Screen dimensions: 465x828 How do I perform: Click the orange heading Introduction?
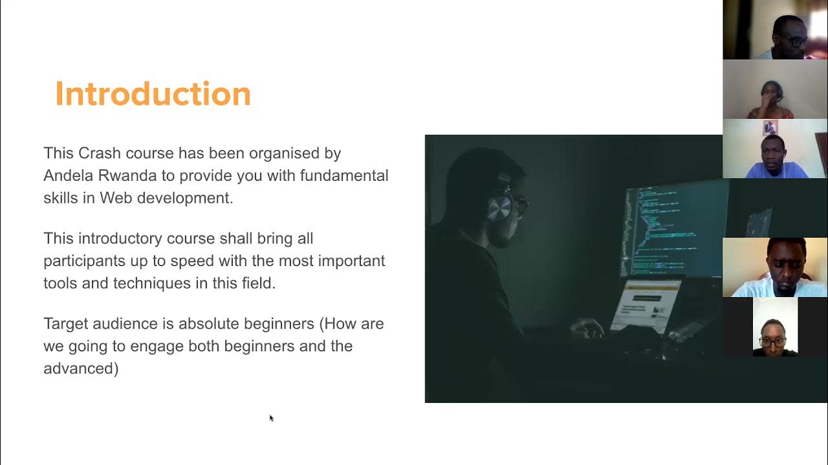coord(153,94)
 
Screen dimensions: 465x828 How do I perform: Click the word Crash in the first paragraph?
coord(100,154)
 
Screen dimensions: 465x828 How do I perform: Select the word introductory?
coord(120,238)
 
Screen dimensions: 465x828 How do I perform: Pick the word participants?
coord(84,261)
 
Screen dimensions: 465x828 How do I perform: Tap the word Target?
coord(66,324)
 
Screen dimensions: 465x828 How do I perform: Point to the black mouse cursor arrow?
coord(271,418)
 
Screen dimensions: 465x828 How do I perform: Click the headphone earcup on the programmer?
coord(499,208)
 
